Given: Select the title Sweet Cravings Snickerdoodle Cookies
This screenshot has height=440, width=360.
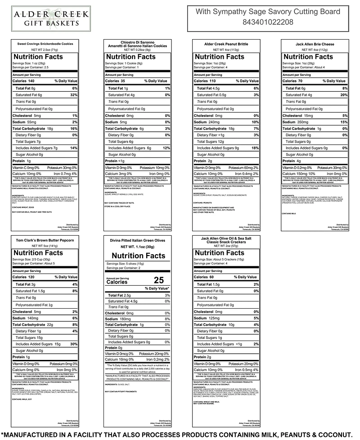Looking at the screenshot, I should (45, 44).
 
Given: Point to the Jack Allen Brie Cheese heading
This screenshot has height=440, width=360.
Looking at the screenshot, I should (315, 44).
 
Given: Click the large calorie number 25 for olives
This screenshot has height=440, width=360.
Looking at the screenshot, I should (158, 280).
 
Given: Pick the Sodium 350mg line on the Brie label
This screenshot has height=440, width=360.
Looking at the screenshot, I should (297, 122).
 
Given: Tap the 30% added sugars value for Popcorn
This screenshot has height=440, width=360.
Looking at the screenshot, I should (74, 344).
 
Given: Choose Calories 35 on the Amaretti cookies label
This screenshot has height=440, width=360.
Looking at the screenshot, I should (115, 81).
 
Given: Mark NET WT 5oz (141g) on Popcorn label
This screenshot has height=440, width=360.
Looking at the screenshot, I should (45, 246).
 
